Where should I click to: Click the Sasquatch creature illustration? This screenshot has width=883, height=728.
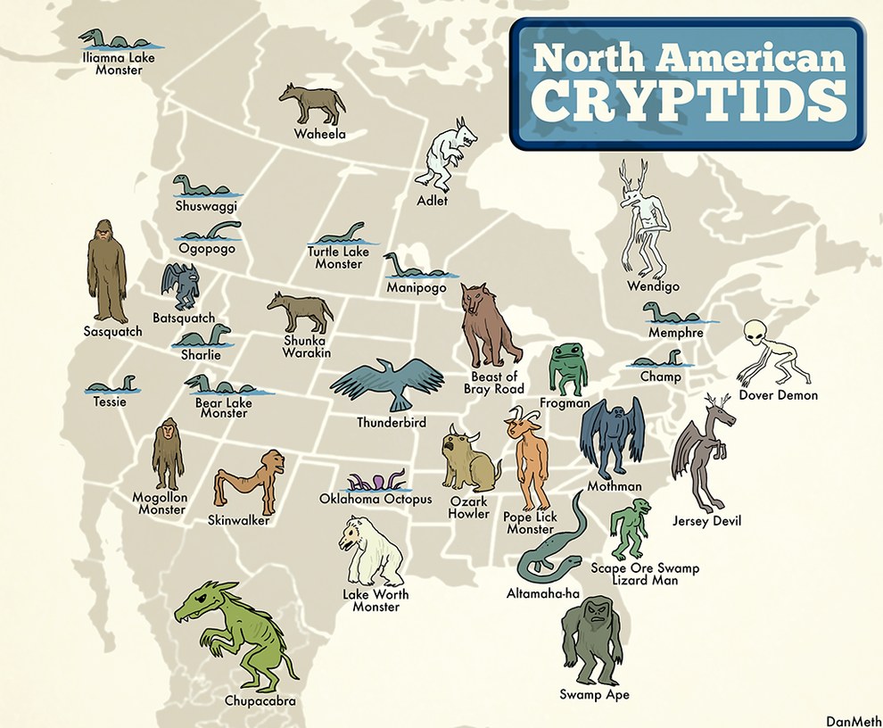tap(107, 271)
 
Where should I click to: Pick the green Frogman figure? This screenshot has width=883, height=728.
tap(567, 369)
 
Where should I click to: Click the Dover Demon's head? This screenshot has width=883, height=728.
tap(757, 334)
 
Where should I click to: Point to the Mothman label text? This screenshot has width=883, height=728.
tap(614, 486)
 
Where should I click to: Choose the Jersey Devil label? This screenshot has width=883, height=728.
tap(706, 521)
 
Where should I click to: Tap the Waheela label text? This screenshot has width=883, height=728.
tap(319, 135)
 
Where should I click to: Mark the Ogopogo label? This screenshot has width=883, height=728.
tap(206, 249)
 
